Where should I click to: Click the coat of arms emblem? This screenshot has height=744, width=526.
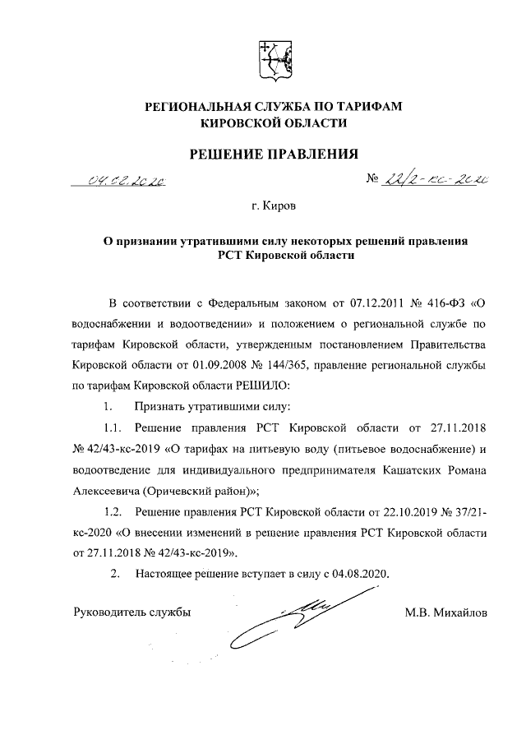coord(275,59)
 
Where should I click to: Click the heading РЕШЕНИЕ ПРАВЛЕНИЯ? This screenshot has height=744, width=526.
coord(275,153)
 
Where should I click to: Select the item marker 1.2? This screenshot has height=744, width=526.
coord(113,512)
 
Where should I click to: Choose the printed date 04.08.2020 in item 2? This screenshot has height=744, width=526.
coord(359,572)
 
